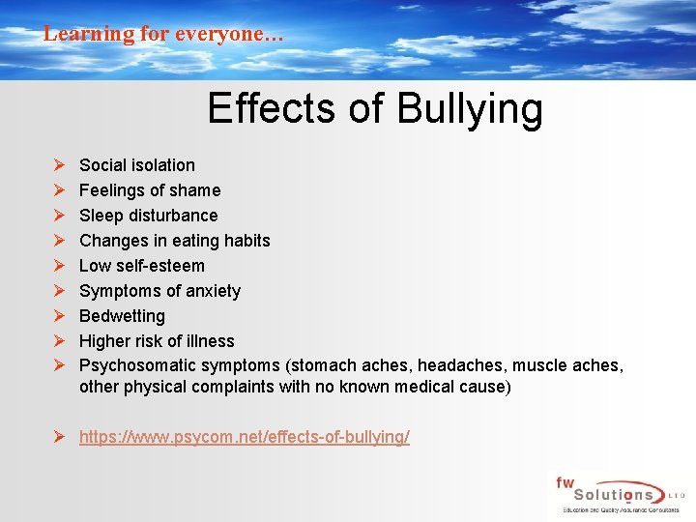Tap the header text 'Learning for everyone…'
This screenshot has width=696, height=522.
pos(163,34)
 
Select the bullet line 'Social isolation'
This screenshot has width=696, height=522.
pos(136,165)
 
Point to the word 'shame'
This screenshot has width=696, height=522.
pos(195,190)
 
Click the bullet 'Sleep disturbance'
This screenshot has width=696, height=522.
pos(148,216)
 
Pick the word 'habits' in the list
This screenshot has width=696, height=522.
pos(247,241)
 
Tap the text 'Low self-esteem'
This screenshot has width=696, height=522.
pos(141,266)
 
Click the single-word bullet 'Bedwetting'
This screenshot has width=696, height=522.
pos(122,316)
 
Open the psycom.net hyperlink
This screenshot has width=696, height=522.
pos(244,437)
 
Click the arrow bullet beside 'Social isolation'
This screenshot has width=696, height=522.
pos(59,165)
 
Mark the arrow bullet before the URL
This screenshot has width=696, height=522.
pos(59,437)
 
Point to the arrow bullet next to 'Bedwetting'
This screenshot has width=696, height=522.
pos(59,316)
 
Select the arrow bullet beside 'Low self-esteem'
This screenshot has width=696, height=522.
pos(59,266)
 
